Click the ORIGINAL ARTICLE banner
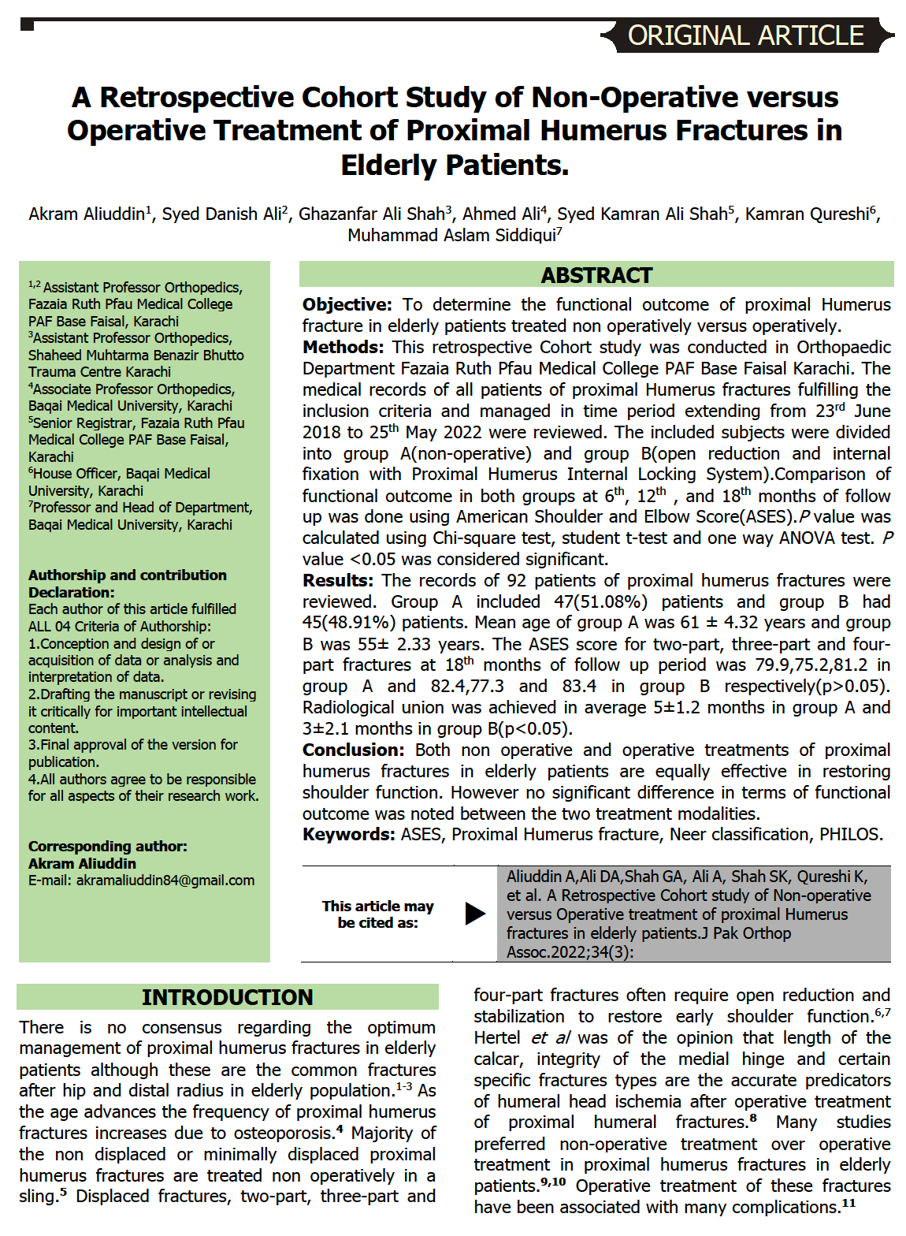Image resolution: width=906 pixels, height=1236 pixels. coord(746,35)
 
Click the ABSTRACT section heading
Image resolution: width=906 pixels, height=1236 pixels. coord(596,275)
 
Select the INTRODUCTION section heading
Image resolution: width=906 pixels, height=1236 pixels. coord(227,997)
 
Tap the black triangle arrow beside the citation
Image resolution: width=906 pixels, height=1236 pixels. coord(475,914)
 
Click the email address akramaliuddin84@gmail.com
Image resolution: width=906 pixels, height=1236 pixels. coord(165,880)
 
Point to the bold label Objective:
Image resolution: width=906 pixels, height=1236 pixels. coord(347,305)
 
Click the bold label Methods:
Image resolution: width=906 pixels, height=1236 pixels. coord(343,348)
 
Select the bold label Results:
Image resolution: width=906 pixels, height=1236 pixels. coord(338,581)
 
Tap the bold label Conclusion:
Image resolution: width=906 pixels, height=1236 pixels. coord(353,750)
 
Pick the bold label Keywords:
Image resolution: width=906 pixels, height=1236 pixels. coord(348,835)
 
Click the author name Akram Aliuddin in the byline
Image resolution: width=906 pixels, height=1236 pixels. coord(87,214)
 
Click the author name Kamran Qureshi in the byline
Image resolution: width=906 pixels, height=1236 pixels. coord(807,214)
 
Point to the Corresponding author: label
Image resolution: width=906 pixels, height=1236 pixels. coord(108,847)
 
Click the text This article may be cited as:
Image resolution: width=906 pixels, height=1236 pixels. coord(377,914)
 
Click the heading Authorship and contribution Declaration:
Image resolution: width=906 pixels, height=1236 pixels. coord(128,583)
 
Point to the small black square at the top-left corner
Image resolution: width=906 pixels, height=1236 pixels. coord(27,24)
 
